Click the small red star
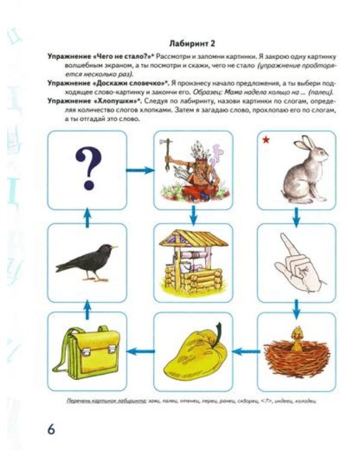coord(265,140)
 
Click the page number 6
coord(51,430)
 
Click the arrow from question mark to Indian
coord(140,170)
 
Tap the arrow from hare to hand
coord(296,213)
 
